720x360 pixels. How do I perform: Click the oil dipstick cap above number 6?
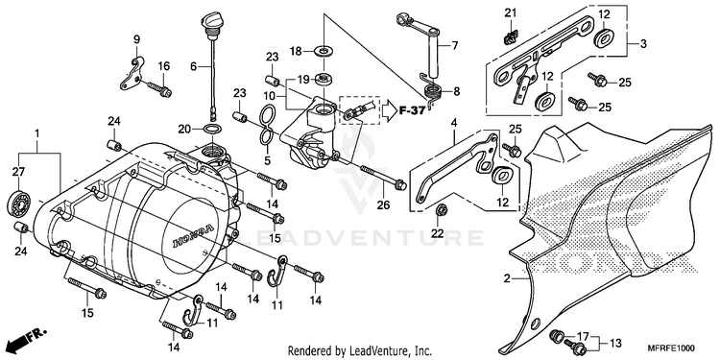[x=209, y=22]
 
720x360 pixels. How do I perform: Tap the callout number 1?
[x=37, y=133]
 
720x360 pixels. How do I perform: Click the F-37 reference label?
[x=411, y=110]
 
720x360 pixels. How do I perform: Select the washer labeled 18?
[x=324, y=50]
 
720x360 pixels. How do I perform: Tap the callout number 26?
[x=383, y=204]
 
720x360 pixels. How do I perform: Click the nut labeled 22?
[x=443, y=210]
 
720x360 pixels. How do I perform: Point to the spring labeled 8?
[x=433, y=92]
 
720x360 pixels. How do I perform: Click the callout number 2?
[x=507, y=278]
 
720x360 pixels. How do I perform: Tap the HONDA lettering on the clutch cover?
[x=193, y=236]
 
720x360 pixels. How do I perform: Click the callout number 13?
[x=615, y=343]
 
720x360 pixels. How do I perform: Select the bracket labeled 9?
[x=132, y=73]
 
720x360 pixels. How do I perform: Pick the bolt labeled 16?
[x=159, y=88]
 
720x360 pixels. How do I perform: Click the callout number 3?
[x=643, y=44]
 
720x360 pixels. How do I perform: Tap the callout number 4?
[x=454, y=123]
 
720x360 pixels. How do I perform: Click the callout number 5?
[x=267, y=161]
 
